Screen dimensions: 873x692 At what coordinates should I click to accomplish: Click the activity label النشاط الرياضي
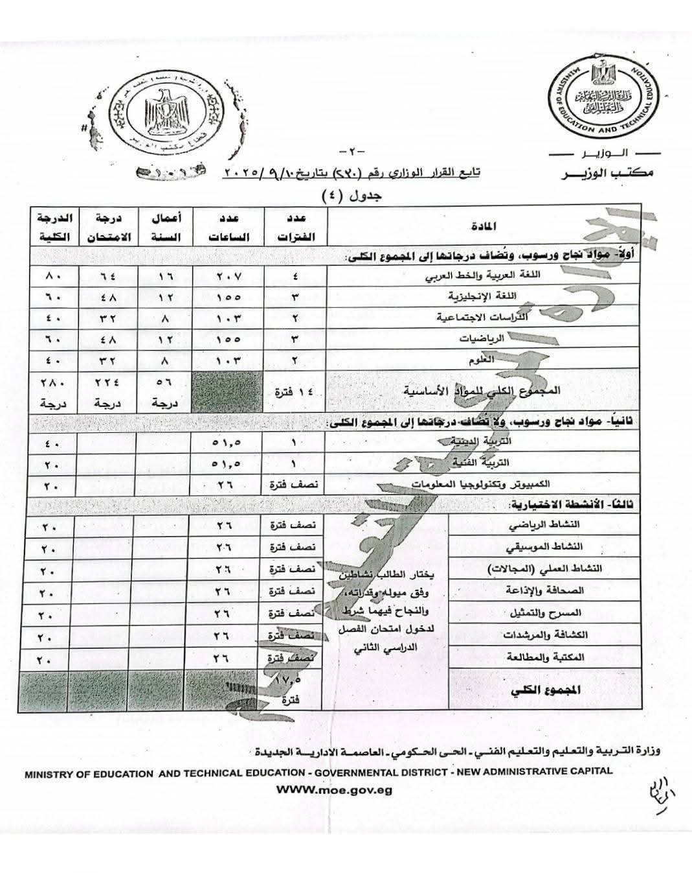pyautogui.click(x=554, y=524)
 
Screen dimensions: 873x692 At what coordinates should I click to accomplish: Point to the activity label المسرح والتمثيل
pyautogui.click(x=552, y=612)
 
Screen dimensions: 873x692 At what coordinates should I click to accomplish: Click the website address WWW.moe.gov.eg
pyautogui.click(x=333, y=790)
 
